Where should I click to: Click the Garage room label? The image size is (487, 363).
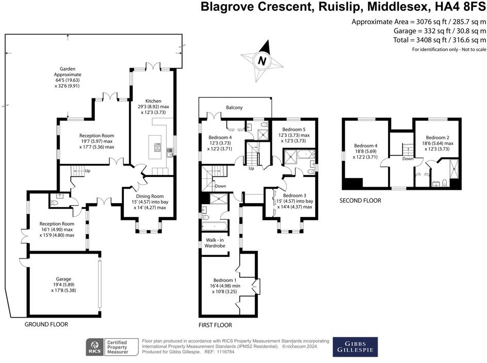[63, 279]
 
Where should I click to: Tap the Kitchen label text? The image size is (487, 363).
[153, 101]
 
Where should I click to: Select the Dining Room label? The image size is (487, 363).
[150, 196]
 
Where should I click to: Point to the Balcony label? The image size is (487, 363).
[234, 107]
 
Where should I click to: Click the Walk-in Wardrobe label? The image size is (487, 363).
[215, 243]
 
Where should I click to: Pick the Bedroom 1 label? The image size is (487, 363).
[225, 280]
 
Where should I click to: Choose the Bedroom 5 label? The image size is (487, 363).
[294, 129]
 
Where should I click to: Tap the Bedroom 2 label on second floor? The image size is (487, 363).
[437, 138]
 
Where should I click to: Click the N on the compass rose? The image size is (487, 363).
[262, 60]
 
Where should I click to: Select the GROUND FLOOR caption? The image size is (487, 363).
[46, 324]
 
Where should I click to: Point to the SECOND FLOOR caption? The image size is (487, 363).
[360, 201]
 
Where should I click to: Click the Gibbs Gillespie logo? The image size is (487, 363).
[355, 347]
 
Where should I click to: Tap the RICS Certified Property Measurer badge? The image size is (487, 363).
[112, 347]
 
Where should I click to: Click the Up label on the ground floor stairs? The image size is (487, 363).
[88, 171]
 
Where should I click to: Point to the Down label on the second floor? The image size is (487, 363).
[408, 159]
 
